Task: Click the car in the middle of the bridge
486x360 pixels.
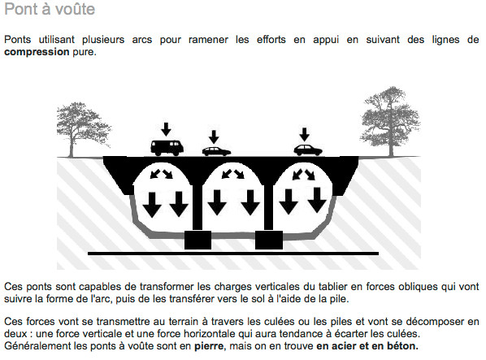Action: (215, 150)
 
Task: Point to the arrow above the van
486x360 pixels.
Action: (167, 128)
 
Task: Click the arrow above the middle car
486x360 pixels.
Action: (215, 137)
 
